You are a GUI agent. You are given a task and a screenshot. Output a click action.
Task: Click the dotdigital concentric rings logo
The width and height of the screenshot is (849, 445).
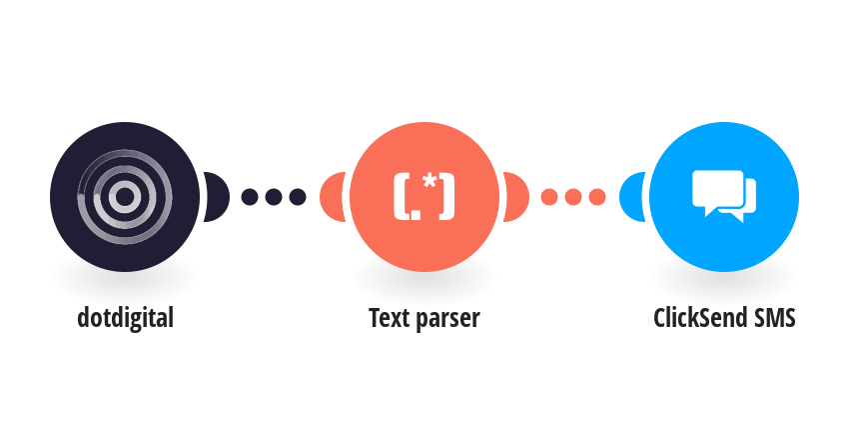pyautogui.click(x=125, y=197)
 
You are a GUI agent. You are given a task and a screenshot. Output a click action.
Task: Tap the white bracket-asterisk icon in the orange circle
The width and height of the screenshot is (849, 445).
pyautogui.click(x=424, y=197)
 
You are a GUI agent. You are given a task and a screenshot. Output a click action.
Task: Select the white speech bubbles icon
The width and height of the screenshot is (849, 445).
pyautogui.click(x=724, y=196)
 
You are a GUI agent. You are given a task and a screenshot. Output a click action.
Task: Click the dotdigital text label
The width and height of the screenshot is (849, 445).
pyautogui.click(x=125, y=318)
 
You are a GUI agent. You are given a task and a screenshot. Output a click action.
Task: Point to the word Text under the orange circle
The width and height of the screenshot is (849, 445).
pyautogui.click(x=388, y=318)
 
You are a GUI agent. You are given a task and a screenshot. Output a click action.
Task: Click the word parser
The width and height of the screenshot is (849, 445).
pyautogui.click(x=446, y=320)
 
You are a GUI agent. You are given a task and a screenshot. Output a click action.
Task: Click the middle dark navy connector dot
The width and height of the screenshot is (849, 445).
pyautogui.click(x=274, y=197)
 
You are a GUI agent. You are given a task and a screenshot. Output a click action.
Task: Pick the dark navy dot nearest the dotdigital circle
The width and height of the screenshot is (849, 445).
pyautogui.click(x=249, y=197)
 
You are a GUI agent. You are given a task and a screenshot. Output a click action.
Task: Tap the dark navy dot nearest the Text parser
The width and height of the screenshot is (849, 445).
pyautogui.click(x=298, y=197)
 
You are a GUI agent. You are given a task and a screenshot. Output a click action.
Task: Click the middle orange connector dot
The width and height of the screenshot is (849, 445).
pyautogui.click(x=573, y=197)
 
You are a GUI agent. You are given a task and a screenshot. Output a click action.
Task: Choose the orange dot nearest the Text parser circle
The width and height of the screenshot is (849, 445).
pyautogui.click(x=549, y=197)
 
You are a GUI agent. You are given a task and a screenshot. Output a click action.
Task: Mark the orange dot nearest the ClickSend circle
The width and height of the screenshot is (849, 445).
pyautogui.click(x=597, y=197)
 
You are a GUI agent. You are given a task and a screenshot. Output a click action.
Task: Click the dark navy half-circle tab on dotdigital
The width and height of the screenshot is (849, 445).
pyautogui.click(x=217, y=197)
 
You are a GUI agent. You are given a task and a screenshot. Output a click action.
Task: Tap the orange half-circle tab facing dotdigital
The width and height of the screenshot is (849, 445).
pyautogui.click(x=333, y=197)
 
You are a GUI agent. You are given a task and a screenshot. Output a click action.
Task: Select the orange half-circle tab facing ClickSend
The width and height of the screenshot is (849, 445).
pyautogui.click(x=516, y=197)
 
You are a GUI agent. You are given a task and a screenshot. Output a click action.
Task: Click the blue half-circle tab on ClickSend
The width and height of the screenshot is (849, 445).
pyautogui.click(x=632, y=197)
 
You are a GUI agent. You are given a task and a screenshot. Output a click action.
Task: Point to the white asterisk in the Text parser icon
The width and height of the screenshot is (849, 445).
pyautogui.click(x=429, y=182)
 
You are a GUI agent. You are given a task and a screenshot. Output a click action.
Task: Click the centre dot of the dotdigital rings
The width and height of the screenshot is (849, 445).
pyautogui.click(x=125, y=197)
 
